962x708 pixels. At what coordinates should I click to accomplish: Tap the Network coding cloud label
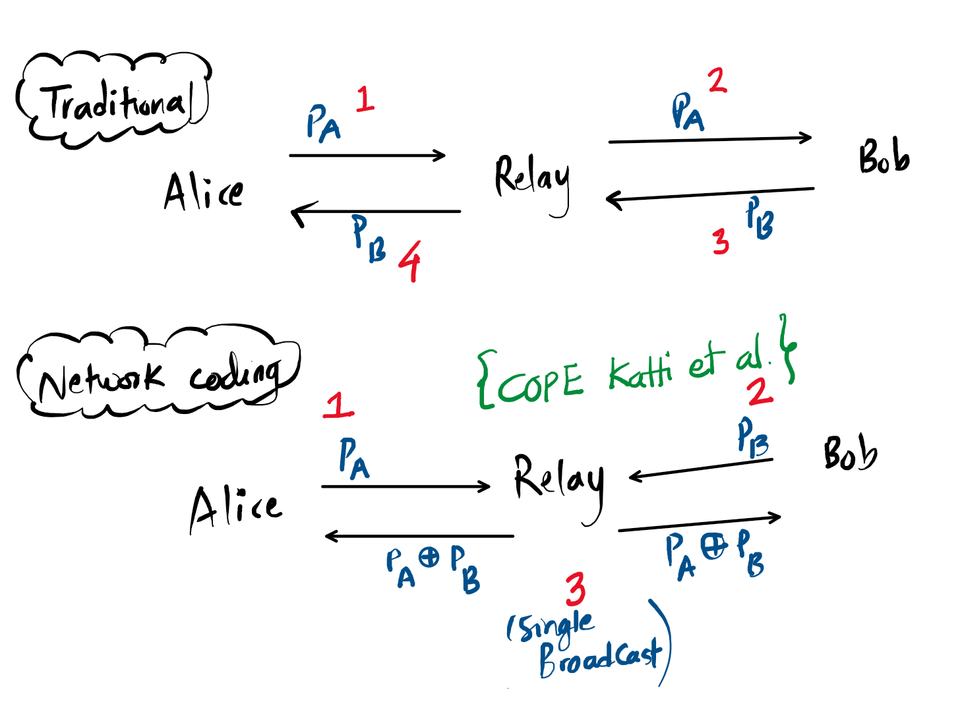158,378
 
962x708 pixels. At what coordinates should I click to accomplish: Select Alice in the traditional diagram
203,191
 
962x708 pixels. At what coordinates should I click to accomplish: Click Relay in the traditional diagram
532,178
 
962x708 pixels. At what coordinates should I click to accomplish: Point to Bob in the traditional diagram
884,158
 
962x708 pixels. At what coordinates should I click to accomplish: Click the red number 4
410,260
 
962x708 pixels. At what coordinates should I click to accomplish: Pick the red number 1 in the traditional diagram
365,100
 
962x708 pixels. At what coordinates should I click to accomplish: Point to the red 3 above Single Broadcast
575,589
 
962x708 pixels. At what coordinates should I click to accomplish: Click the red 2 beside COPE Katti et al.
760,392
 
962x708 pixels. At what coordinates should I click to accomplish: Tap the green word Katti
640,372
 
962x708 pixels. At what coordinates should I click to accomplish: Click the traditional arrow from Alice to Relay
367,156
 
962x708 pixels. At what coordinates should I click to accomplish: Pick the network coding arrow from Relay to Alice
419,536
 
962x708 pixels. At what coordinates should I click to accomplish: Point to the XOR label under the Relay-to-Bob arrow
714,556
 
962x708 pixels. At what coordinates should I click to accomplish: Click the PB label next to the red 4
369,239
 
